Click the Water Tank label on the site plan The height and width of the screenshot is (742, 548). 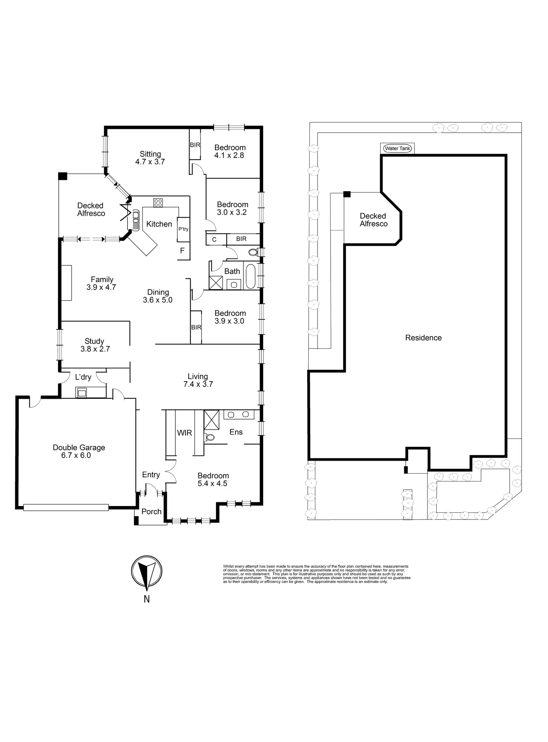pyautogui.click(x=398, y=148)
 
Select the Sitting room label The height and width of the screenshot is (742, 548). pyautogui.click(x=150, y=154)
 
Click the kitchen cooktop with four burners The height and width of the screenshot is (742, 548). pyautogui.click(x=158, y=203)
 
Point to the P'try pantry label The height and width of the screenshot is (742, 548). pyautogui.click(x=183, y=229)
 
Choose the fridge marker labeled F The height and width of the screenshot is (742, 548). pyautogui.click(x=182, y=251)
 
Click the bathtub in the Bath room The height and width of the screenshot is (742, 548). pyautogui.click(x=251, y=277)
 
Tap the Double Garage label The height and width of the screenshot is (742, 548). pyautogui.click(x=79, y=447)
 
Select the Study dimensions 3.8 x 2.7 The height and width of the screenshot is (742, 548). pyautogui.click(x=95, y=349)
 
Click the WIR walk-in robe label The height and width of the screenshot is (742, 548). pyautogui.click(x=185, y=433)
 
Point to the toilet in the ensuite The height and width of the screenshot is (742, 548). pyautogui.click(x=210, y=437)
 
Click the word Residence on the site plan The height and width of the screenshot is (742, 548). pyautogui.click(x=423, y=338)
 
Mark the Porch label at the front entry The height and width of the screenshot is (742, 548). pyautogui.click(x=152, y=511)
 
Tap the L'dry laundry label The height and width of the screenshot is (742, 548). pyautogui.click(x=83, y=377)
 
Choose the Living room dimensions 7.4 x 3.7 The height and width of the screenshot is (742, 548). pyautogui.click(x=198, y=384)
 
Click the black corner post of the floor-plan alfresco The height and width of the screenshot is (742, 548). pyautogui.click(x=63, y=176)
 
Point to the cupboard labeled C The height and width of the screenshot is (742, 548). pyautogui.click(x=214, y=240)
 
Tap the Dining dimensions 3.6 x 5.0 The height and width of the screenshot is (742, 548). pyautogui.click(x=157, y=300)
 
